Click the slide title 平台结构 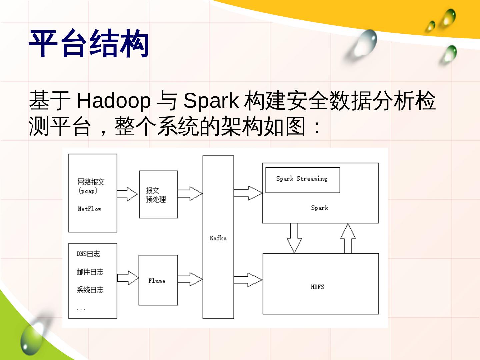[x=89, y=44]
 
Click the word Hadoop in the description [x=113, y=100]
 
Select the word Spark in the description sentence [x=211, y=100]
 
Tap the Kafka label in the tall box [x=218, y=238]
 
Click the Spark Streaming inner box [x=302, y=180]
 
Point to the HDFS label [x=317, y=287]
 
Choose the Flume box [x=158, y=280]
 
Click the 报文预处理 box [x=158, y=195]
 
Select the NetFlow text [x=89, y=209]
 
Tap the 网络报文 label [x=91, y=182]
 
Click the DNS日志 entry [x=88, y=254]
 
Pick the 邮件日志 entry [x=90, y=272]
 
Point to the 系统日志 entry [x=90, y=290]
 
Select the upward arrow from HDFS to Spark [x=348, y=238]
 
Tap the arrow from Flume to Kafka [x=190, y=279]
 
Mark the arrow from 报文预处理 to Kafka [x=190, y=193]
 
